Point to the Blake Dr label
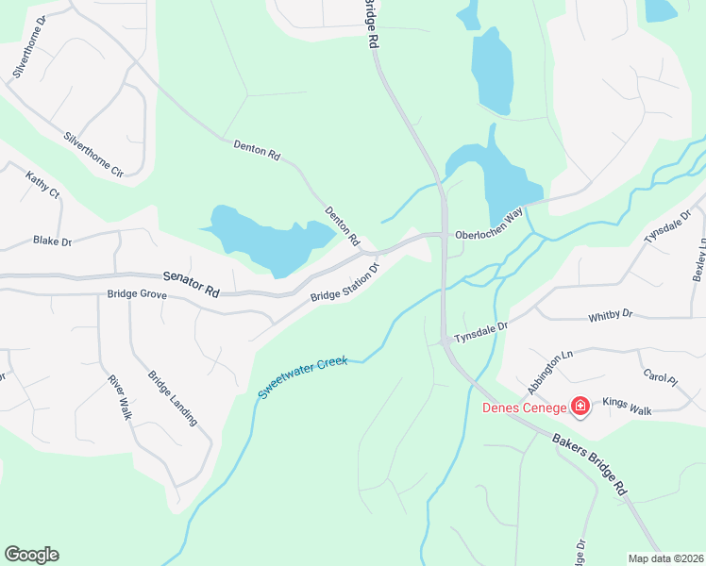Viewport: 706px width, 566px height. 52,241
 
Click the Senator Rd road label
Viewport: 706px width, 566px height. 191,284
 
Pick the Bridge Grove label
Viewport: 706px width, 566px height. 137,295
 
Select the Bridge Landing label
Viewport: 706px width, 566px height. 173,397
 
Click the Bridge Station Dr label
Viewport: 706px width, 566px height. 345,283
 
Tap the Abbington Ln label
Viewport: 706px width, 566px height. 551,373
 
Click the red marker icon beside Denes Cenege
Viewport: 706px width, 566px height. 580,407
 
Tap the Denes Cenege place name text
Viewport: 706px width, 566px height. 524,408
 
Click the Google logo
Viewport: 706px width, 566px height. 32,555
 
